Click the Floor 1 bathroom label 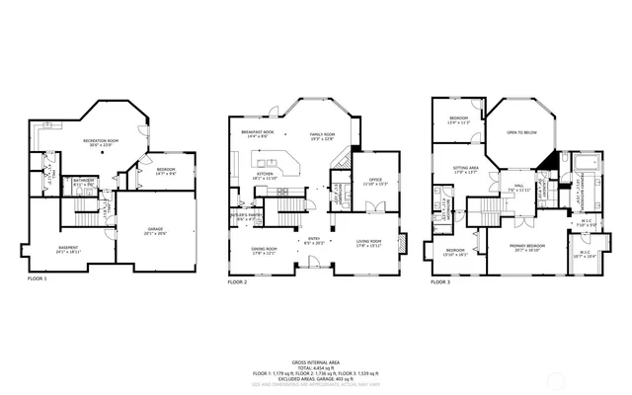(83, 182)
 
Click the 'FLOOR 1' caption (38, 279)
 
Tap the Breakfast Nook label (257, 133)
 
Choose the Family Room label (323, 135)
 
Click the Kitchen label (265, 175)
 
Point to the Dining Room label (264, 249)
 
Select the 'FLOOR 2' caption (238, 281)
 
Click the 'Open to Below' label (521, 131)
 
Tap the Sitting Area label (465, 170)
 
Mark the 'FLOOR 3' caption (439, 281)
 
